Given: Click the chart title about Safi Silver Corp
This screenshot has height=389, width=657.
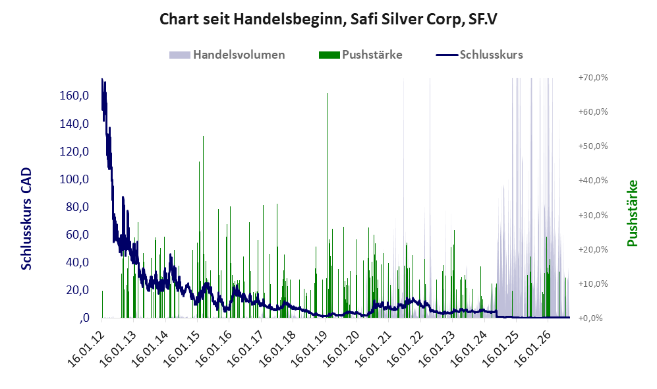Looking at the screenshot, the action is tap(328, 19).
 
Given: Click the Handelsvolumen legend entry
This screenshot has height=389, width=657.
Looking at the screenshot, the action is tap(227, 55).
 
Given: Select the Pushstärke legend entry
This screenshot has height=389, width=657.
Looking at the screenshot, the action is tap(360, 55).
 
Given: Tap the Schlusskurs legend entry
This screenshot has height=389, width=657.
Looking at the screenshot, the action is tap(479, 55).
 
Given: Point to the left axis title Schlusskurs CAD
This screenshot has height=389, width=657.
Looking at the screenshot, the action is tap(26, 219).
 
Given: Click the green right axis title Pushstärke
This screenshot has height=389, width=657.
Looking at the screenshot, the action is tap(632, 214).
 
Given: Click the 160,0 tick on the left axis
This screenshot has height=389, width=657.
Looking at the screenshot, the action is tap(74, 96).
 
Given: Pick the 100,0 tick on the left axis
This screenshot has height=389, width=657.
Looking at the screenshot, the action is tap(74, 179).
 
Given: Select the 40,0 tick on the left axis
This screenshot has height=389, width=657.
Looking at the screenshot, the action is tap(78, 262).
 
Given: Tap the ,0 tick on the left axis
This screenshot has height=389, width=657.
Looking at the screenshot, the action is tap(84, 318).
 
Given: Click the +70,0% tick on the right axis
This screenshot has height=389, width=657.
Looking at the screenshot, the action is tap(593, 78).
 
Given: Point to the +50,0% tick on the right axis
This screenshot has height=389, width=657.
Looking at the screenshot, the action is tap(593, 146).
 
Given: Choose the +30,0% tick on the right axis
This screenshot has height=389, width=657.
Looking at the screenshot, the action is tap(593, 215).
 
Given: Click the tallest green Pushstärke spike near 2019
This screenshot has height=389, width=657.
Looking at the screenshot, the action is tap(328, 206).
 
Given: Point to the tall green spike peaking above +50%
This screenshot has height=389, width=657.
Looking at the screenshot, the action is tap(203, 227).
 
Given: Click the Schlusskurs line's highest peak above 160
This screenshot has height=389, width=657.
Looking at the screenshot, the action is tap(102, 79).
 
